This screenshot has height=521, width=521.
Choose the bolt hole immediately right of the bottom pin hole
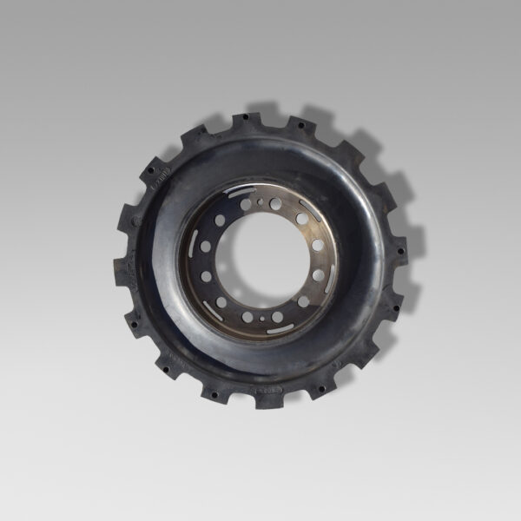tap(277, 317)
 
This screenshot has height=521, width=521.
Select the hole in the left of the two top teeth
tap(246, 116)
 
